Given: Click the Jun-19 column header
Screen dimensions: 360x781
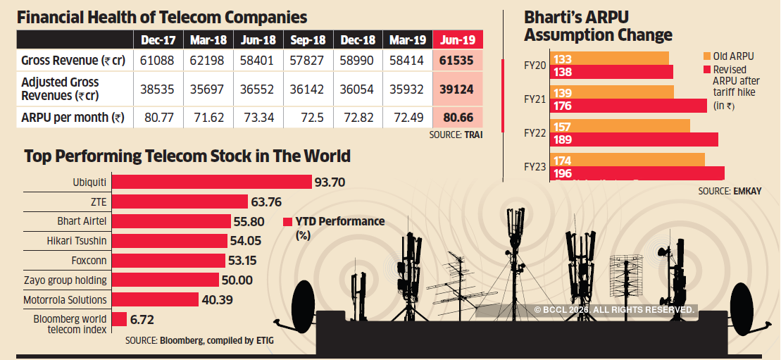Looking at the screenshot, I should click(458, 39).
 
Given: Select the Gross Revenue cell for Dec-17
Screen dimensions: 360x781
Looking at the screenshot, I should click(158, 61).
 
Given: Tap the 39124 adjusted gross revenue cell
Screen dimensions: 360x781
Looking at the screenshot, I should click(458, 89).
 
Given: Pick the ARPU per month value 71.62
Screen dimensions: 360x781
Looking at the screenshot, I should click(207, 117).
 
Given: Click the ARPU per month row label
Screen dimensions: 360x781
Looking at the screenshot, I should click(73, 117).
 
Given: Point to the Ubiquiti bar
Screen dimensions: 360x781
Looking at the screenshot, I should click(212, 182).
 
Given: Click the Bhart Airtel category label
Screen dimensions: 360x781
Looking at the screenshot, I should click(82, 221).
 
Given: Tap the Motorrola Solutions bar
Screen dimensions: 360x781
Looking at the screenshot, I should click(155, 299).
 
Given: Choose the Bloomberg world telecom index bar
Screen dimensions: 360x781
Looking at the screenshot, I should click(119, 319).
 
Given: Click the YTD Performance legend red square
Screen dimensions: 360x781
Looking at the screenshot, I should click(287, 222).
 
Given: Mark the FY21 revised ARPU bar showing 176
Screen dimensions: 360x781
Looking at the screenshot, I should click(630, 105).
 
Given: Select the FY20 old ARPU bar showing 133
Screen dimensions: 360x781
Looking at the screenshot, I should click(610, 58).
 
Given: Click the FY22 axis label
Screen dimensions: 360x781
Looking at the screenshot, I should click(536, 132).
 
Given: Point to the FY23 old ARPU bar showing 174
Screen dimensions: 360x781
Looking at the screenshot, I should click(628, 161).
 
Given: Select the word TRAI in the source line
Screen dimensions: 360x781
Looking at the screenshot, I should click(473, 135).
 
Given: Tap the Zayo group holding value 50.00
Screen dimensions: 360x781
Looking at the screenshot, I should click(238, 280).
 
